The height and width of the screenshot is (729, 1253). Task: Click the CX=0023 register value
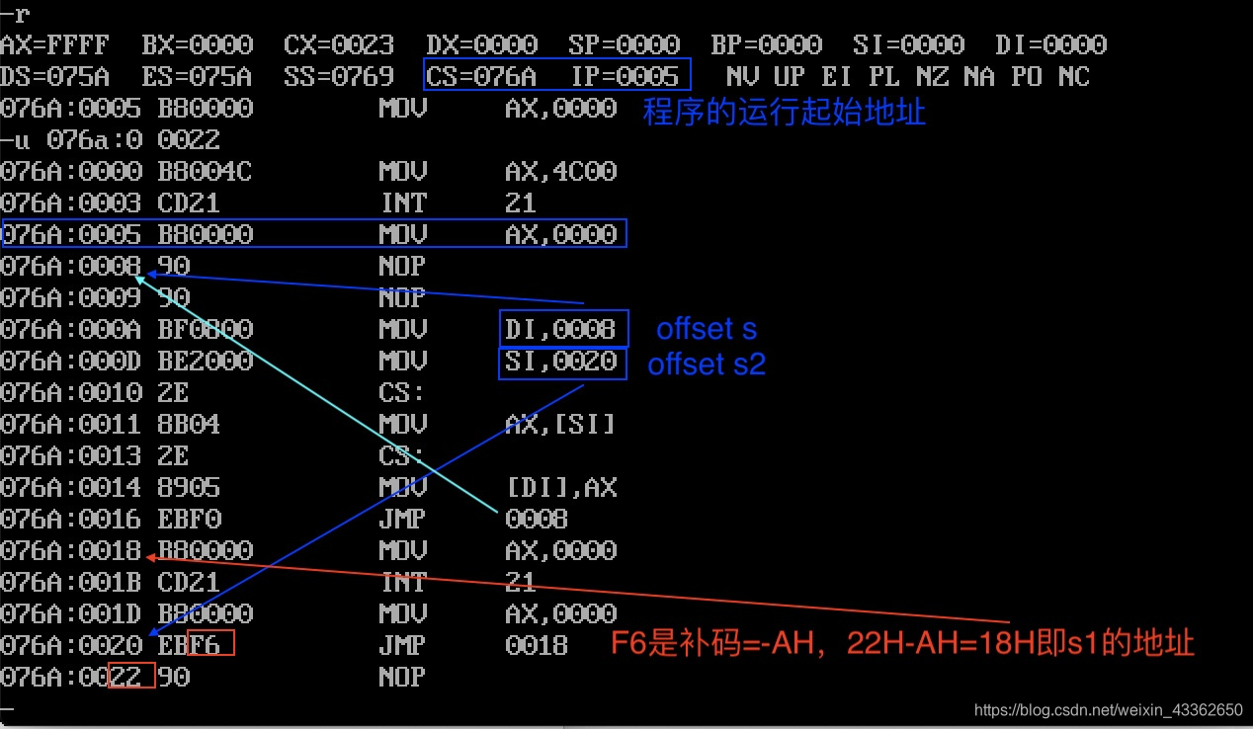[339, 44]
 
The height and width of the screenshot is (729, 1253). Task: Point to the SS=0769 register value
[339, 76]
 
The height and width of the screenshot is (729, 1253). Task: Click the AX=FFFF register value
[54, 44]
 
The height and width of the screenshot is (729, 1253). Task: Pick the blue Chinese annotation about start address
[784, 112]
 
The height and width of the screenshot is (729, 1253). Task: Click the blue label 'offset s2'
[707, 364]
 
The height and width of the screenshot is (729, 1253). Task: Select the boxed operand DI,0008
[560, 329]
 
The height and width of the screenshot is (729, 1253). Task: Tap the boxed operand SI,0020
[560, 362]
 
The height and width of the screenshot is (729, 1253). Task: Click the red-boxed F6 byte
[211, 644]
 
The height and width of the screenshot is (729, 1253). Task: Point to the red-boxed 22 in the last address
[129, 678]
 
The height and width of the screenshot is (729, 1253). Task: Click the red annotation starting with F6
[902, 644]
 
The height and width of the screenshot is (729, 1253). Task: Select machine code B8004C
[205, 171]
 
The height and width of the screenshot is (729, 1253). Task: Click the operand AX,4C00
[560, 171]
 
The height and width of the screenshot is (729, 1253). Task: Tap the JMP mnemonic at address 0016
[402, 519]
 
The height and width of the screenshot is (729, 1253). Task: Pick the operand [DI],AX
[560, 487]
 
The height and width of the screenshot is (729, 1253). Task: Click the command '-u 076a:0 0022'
[110, 139]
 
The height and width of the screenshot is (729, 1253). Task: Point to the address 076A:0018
[71, 550]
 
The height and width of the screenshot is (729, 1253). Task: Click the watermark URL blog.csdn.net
[1108, 709]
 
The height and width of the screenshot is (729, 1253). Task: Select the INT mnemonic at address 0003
[402, 202]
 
